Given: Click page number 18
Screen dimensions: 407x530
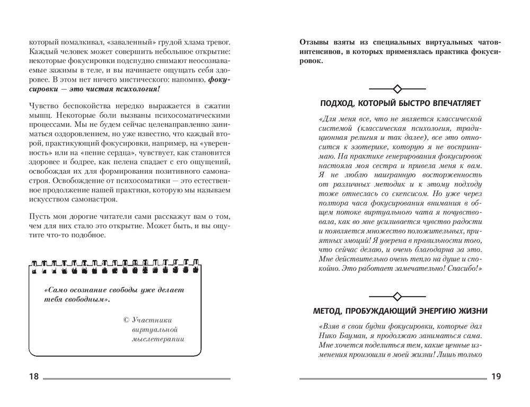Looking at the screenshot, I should pos(33,377).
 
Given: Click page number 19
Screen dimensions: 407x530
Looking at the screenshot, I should pos(496,377).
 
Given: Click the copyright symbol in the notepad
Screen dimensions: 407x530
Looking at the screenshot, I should pos(126,320).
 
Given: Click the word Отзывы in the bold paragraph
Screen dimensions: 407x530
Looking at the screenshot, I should pos(313,41).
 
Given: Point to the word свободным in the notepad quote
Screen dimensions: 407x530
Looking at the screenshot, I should pos(86,299).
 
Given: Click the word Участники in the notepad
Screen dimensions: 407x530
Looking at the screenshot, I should pos(151,320).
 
